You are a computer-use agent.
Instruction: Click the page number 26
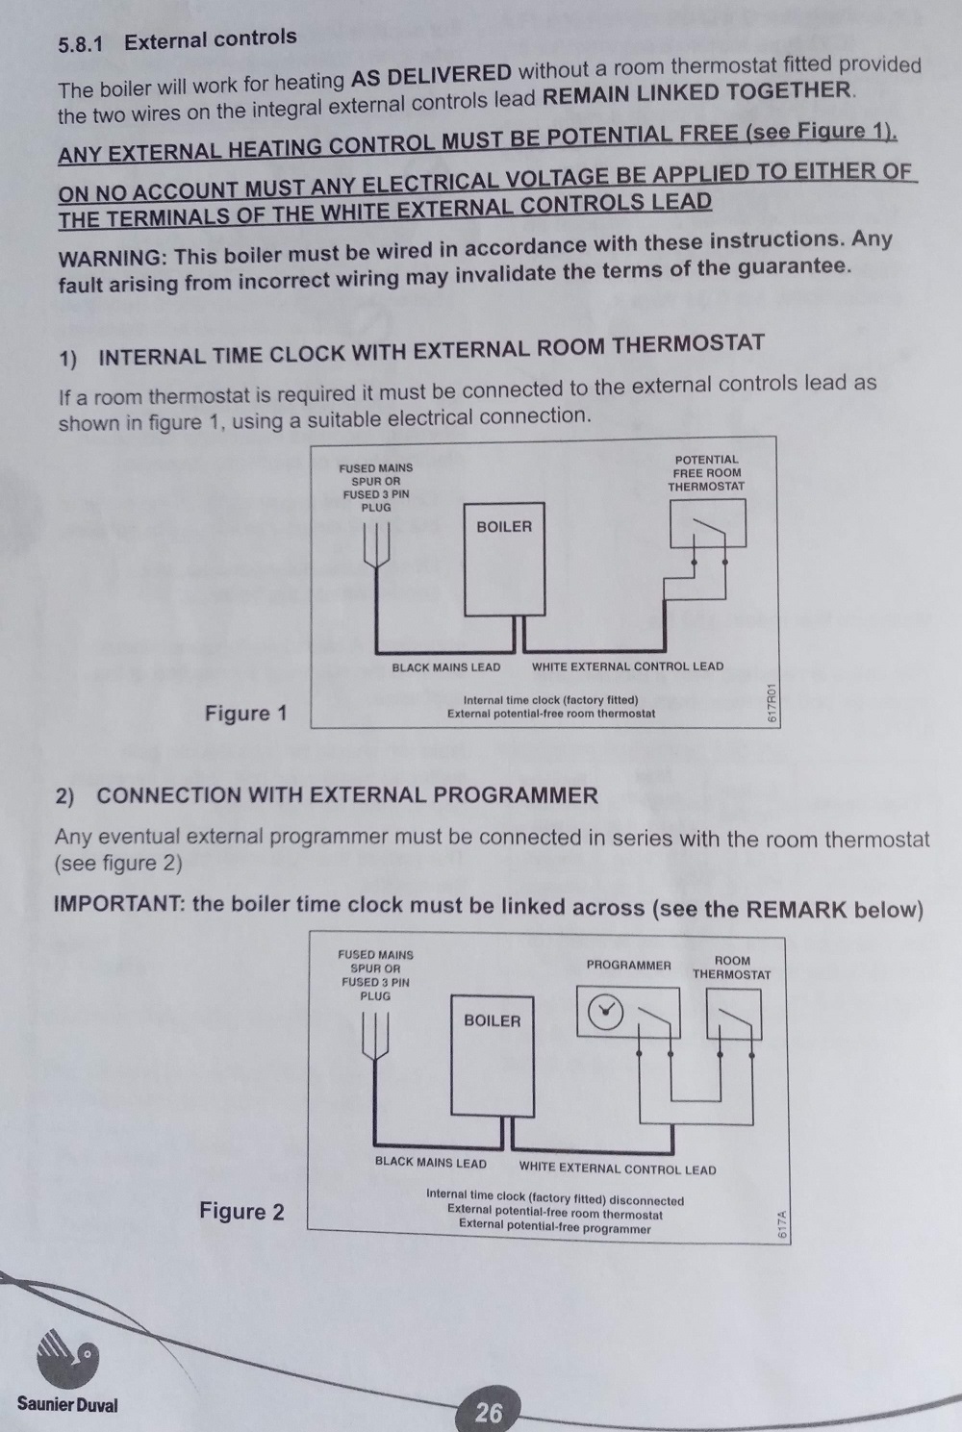click(489, 1411)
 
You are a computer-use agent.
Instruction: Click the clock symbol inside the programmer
click(606, 1013)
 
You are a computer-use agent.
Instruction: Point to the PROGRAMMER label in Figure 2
click(628, 965)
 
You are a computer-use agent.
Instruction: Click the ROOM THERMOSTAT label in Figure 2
click(732, 967)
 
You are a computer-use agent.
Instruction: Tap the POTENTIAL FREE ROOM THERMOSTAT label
click(706, 472)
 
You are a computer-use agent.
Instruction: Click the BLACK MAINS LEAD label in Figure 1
click(445, 666)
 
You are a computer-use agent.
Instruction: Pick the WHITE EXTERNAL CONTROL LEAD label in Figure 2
click(618, 1169)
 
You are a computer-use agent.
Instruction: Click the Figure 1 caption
click(245, 713)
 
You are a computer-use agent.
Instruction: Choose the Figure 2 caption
click(241, 1211)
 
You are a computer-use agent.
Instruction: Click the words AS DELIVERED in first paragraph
click(432, 75)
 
